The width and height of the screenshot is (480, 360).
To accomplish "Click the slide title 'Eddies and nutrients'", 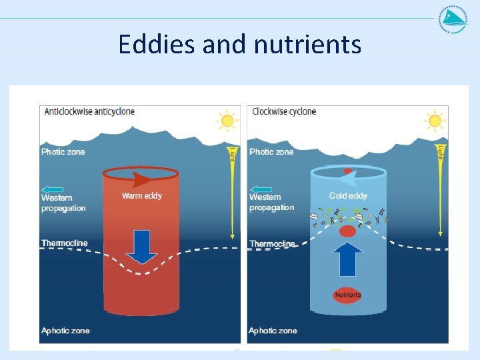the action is (240, 45).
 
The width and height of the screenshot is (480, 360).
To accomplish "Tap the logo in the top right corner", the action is (453, 19).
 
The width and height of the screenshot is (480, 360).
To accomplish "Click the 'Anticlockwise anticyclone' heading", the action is (89, 111).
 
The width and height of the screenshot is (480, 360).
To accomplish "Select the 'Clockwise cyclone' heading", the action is (284, 111).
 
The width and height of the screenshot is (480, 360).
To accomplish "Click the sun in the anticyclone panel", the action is (227, 121).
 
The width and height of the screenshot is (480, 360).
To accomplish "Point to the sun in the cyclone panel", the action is (435, 121).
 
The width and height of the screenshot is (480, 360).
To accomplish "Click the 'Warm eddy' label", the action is (141, 196).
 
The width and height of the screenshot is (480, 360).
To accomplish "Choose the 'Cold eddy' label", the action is (348, 196).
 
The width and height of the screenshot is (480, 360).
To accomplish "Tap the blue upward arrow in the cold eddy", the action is (347, 259).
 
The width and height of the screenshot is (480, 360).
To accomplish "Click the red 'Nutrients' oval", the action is (347, 295).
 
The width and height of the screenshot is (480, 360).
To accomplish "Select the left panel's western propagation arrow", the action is (53, 189).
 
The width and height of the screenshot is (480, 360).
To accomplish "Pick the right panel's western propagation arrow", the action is (261, 189).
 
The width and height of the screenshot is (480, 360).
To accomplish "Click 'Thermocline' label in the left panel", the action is (65, 243).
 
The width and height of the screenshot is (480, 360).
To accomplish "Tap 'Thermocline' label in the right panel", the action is (272, 244).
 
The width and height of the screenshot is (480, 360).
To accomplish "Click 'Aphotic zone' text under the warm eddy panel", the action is (65, 331).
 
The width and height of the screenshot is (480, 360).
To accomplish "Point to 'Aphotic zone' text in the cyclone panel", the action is (273, 331).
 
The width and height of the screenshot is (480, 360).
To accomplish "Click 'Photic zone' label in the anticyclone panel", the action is (63, 152).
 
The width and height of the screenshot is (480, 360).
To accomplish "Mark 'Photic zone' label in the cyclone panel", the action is (271, 152).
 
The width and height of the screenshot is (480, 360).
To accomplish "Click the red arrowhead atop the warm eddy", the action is (140, 179).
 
